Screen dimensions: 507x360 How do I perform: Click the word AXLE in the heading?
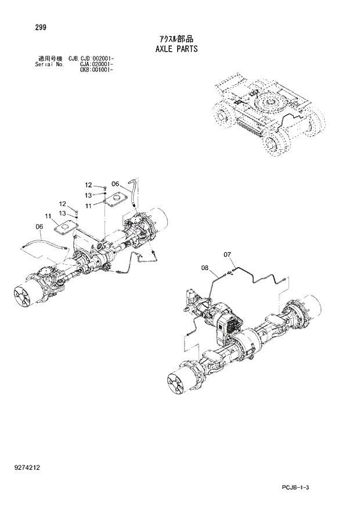tap(164, 49)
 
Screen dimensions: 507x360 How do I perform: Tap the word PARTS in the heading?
tap(188, 49)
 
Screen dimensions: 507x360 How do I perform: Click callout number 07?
tap(227, 254)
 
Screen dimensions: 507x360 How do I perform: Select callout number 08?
tap(205, 268)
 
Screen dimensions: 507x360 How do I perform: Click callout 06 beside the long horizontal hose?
tap(39, 226)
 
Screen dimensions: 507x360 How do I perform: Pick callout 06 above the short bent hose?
tap(115, 184)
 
